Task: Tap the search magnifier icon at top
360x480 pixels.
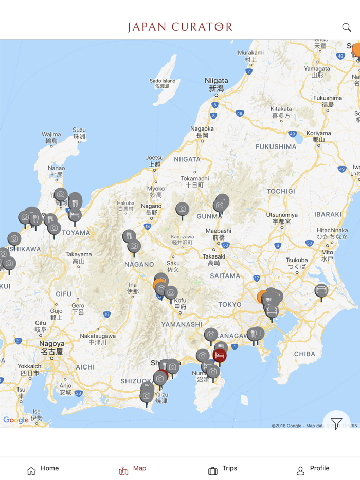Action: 347,27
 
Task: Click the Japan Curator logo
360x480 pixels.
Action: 180,27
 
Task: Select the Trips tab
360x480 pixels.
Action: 223,469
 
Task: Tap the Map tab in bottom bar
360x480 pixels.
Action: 133,469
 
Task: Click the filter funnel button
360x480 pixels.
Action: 336,423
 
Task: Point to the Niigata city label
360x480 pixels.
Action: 216,84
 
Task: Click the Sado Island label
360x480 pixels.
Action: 163,83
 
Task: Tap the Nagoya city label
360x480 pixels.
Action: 52,347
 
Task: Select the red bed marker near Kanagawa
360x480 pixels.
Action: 220,355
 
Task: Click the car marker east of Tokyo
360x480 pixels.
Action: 321,291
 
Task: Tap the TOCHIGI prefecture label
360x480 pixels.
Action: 281,191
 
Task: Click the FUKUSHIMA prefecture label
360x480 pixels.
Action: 276,147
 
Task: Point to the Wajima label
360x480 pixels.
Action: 51,137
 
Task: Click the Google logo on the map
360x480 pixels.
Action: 16,420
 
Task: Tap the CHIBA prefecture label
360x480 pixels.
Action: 304,354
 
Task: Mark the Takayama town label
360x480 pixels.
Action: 78,257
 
